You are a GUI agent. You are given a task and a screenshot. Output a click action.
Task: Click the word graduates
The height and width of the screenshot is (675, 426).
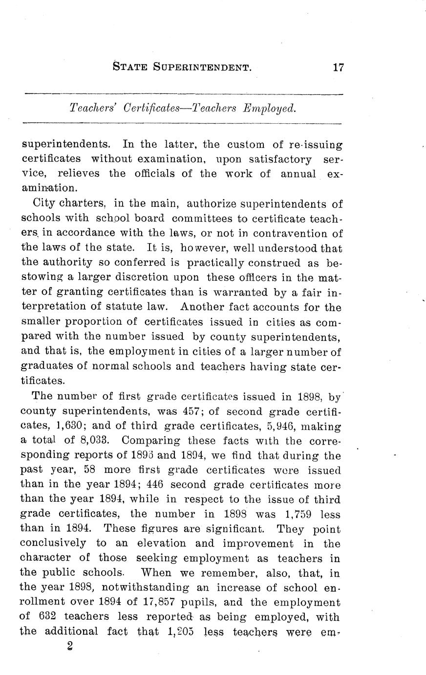coord(44,366)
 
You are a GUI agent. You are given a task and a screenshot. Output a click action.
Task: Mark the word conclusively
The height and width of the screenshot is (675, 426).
coord(53,543)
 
